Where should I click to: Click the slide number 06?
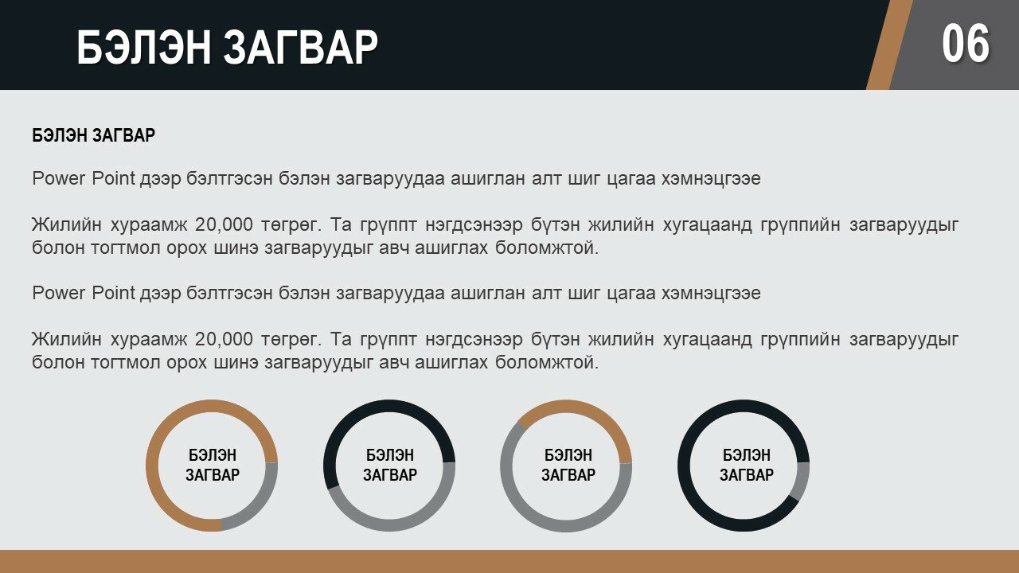click(966, 44)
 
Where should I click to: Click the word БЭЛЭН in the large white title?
click(144, 47)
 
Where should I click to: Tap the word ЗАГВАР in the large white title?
click(301, 47)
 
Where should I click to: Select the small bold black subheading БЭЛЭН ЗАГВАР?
click(94, 135)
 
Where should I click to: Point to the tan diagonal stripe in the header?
click(889, 45)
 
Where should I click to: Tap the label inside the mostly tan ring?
click(213, 465)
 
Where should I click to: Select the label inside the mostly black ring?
click(747, 465)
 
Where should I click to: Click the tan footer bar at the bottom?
click(509, 562)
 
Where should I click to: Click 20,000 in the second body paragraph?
click(224, 224)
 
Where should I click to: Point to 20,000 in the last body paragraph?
click(224, 339)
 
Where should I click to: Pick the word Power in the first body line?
click(59, 178)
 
